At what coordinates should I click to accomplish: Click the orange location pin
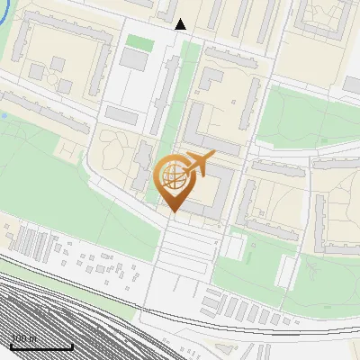[x=174, y=185]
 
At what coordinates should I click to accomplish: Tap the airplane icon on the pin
[x=199, y=165]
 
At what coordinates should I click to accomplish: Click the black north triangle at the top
[x=181, y=23]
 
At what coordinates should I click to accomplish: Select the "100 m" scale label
[x=23, y=338]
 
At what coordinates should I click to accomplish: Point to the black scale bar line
[x=41, y=346]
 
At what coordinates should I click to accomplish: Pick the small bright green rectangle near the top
[x=138, y=42]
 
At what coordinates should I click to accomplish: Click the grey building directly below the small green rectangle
[x=135, y=59]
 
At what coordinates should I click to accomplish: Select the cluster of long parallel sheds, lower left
[x=34, y=245]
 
